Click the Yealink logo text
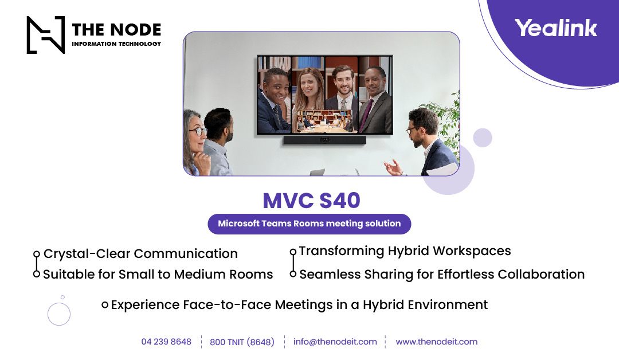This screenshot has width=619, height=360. (555, 28)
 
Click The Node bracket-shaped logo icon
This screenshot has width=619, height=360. (46, 35)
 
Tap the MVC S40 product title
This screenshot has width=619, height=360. (311, 200)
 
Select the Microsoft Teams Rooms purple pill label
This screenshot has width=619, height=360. (309, 224)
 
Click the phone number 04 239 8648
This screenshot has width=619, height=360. (166, 342)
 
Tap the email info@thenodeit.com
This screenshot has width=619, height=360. (335, 342)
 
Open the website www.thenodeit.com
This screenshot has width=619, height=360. (436, 342)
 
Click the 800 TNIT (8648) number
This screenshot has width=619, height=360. (242, 342)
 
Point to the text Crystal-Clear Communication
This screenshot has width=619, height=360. (140, 253)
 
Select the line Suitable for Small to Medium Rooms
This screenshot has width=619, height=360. (158, 274)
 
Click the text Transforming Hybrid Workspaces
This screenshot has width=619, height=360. (405, 251)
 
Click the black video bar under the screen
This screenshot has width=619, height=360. (324, 139)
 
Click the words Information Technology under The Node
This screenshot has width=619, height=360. (116, 44)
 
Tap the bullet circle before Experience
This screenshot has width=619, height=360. (105, 305)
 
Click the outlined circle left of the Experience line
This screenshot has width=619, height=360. (59, 314)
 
